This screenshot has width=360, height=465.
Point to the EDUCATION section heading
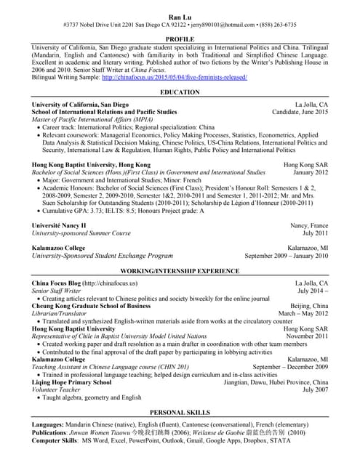click(180, 92)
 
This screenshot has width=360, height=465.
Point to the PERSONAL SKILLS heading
click(180, 411)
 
